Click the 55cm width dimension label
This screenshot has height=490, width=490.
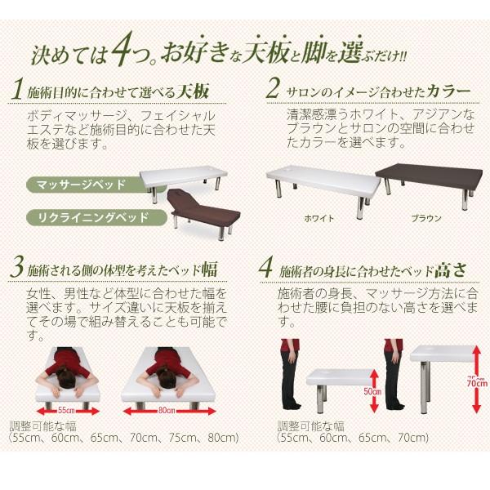(x=65, y=408)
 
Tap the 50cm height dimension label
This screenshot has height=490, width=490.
(x=371, y=391)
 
